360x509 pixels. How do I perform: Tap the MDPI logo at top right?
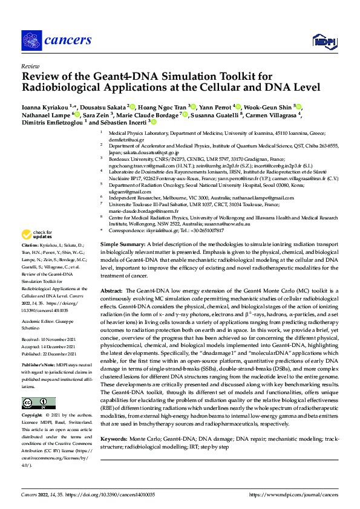tap(321, 40)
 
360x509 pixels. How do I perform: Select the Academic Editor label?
tap(38, 322)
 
